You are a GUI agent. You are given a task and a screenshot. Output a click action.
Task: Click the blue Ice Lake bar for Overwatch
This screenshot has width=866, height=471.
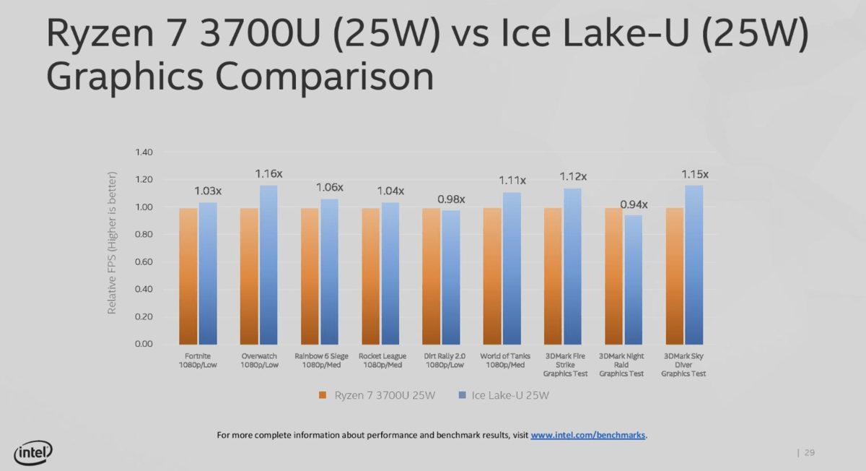coord(268,264)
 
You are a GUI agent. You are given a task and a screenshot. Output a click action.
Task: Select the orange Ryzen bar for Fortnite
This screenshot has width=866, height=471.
coord(188,276)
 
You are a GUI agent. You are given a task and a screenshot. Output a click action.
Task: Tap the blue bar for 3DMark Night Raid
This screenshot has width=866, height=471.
coord(633,280)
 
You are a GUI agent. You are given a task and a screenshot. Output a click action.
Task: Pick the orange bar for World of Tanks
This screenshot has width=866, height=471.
coord(492,276)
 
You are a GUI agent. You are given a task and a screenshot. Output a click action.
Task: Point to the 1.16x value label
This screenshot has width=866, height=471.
coord(268,174)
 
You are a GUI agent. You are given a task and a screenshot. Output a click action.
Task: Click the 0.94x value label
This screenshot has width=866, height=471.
coord(634,204)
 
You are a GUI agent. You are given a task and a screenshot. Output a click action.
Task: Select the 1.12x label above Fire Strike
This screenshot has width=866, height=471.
coord(573,177)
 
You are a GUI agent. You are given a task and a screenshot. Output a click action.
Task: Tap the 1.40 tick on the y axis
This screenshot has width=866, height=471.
coord(144,152)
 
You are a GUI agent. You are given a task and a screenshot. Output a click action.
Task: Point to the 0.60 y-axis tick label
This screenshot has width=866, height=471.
coord(144,262)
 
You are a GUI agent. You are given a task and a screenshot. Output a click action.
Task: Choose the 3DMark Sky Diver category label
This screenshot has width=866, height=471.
coord(685,365)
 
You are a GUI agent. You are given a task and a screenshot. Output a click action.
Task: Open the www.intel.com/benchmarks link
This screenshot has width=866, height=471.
coord(588,435)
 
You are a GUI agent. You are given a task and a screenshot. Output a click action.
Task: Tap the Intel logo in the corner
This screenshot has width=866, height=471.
coord(33,452)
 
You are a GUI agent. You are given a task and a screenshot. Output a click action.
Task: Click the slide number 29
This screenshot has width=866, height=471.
coord(809,453)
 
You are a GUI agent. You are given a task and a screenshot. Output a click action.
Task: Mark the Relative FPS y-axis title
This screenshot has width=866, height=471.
coord(112,243)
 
